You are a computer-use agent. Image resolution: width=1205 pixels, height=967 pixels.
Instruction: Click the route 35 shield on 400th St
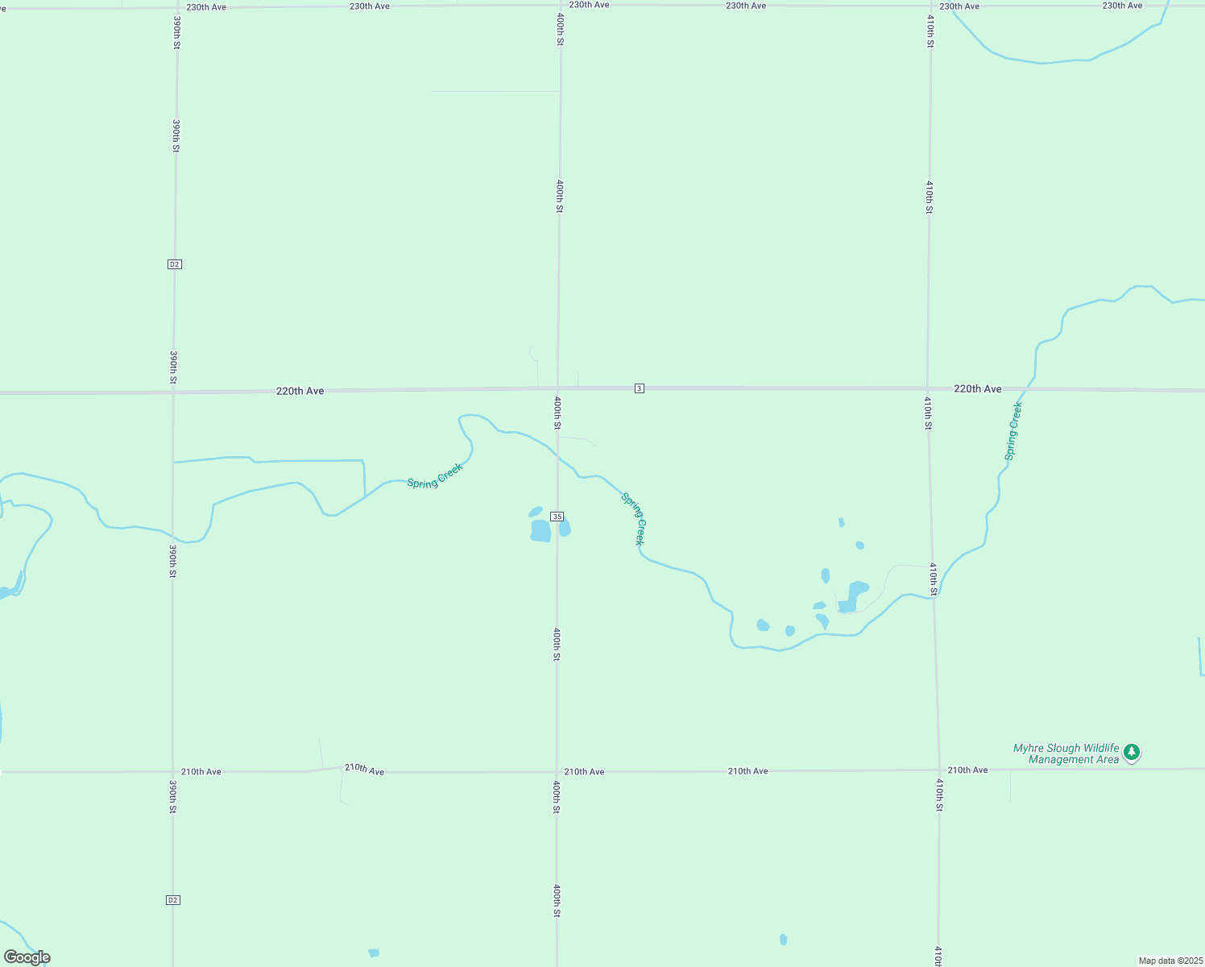tap(557, 517)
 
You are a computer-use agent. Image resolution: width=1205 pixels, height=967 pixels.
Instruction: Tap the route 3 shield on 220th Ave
tap(639, 388)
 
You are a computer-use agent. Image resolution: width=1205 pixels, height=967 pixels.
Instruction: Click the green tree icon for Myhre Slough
tap(1132, 752)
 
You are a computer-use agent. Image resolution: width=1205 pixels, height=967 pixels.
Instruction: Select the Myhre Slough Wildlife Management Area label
tap(1066, 753)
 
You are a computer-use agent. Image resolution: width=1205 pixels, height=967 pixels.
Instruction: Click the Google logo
tap(27, 957)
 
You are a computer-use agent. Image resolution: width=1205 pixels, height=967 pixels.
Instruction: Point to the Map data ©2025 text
tap(1170, 961)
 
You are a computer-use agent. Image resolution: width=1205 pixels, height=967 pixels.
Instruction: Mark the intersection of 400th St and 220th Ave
tap(559, 390)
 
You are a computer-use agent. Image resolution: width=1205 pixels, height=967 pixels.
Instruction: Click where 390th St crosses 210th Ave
tap(172, 772)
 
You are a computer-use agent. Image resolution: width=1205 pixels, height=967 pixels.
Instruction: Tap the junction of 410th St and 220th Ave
tap(928, 388)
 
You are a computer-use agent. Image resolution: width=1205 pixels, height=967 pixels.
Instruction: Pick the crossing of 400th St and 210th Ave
tap(557, 772)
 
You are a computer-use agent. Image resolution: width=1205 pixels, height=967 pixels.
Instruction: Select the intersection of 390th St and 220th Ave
tap(173, 392)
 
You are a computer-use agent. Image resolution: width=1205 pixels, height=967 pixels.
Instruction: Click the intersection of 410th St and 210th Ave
tap(939, 770)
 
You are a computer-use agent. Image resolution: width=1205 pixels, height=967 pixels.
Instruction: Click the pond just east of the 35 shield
tap(565, 528)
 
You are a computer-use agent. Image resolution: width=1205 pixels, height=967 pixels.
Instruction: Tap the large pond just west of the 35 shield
tap(540, 530)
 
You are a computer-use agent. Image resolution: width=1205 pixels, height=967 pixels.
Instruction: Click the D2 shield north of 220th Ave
tap(175, 264)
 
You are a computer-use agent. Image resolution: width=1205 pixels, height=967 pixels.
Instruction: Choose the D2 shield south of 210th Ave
tap(172, 899)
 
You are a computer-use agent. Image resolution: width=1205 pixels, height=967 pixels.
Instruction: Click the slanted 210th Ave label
tap(364, 770)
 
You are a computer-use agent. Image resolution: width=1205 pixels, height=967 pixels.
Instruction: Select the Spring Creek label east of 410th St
tap(1013, 431)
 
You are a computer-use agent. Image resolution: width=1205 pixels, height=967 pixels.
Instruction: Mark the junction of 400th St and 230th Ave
tap(560, 6)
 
